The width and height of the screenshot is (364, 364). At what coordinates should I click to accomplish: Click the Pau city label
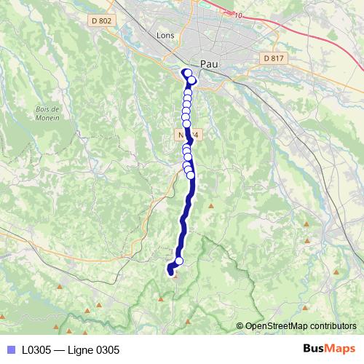210,64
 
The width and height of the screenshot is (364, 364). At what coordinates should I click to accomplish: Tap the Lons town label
167,34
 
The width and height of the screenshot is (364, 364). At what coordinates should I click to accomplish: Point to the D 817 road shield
273,58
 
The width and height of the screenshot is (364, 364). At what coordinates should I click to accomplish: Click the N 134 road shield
187,135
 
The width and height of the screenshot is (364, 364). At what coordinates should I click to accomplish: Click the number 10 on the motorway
240,14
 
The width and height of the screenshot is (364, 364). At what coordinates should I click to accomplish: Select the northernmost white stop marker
187,72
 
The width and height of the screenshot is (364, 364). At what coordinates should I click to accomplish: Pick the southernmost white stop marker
178,261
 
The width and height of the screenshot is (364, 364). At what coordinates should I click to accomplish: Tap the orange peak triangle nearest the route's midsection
211,205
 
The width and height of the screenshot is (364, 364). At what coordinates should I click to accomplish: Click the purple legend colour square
10,349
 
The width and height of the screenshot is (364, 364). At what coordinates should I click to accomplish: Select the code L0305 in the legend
37,349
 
